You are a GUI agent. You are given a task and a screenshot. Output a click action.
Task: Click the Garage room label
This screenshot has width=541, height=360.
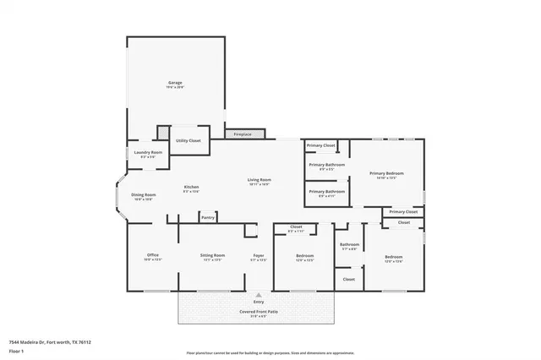pyautogui.click(x=175, y=83)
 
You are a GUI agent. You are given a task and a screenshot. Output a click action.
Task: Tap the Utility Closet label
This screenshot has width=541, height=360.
pyautogui.click(x=188, y=140)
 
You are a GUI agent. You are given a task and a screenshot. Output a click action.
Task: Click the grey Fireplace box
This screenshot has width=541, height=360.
pyautogui.click(x=245, y=134)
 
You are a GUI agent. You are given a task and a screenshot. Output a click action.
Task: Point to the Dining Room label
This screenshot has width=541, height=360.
pyautogui.click(x=143, y=195)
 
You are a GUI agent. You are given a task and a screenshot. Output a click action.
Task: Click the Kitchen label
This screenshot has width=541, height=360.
pyautogui.click(x=191, y=187)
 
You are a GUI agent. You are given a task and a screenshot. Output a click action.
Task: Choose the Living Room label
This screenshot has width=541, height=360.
pyautogui.click(x=259, y=180)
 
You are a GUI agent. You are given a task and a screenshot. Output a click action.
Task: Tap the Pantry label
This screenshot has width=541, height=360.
pyautogui.click(x=208, y=217)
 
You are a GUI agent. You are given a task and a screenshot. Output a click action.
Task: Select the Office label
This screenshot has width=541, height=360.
pyautogui.click(x=152, y=255)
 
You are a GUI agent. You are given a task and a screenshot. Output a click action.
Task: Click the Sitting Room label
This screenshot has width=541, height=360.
pyautogui.click(x=212, y=255)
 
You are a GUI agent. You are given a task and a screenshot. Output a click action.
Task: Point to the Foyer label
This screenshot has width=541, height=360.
pyautogui.click(x=259, y=255)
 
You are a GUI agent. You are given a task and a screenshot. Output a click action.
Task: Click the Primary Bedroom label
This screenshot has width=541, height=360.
pyautogui.click(x=386, y=173)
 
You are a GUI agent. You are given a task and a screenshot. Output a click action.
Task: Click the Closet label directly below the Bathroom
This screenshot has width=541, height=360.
pyautogui.click(x=349, y=279)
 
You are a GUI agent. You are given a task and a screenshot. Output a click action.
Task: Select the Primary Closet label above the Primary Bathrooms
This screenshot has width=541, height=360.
pyautogui.click(x=321, y=145)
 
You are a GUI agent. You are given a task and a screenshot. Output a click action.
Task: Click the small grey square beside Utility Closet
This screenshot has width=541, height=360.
pyautogui.click(x=161, y=134)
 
